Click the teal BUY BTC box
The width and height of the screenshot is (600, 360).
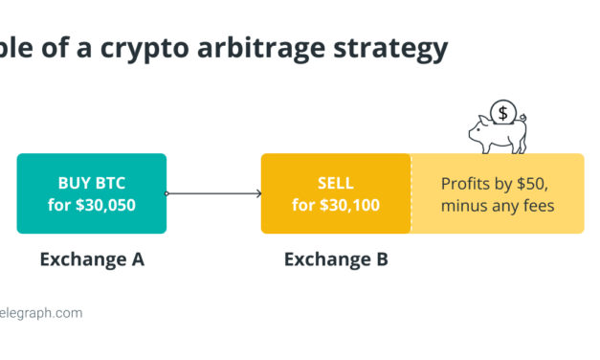tap(92, 193)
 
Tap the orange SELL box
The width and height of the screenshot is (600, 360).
tap(336, 193)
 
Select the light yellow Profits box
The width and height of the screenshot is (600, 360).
tap(497, 193)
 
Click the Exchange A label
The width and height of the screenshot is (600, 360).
tap(92, 259)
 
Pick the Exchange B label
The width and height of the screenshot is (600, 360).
tap(336, 259)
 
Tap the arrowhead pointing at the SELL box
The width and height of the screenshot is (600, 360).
tap(258, 193)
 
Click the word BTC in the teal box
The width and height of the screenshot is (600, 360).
tap(111, 183)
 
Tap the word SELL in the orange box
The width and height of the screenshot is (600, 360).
tap(336, 183)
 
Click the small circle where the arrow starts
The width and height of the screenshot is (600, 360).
tap(167, 193)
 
